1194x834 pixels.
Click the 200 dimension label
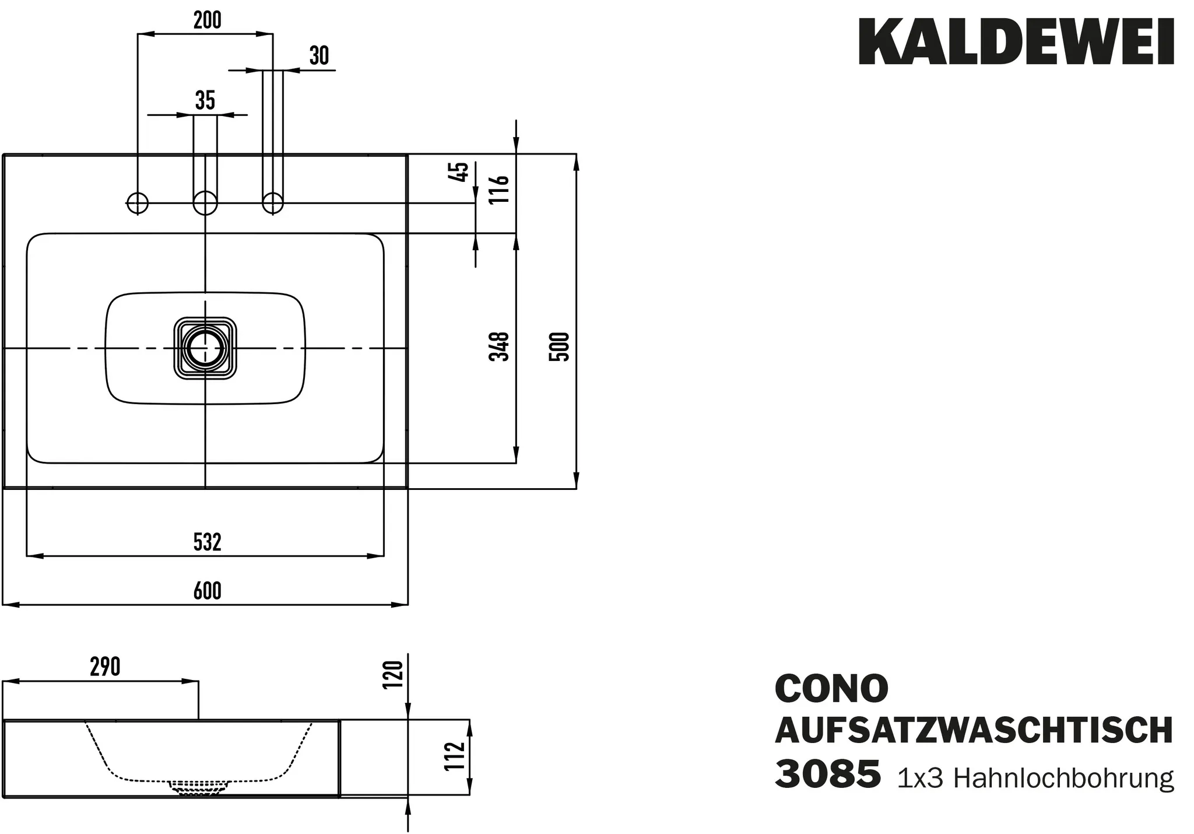(x=208, y=20)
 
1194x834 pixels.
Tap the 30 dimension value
(x=319, y=56)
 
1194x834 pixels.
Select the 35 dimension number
(x=205, y=101)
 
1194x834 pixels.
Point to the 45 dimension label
(x=461, y=172)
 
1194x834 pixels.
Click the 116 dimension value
(x=500, y=189)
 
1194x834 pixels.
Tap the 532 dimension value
(x=208, y=542)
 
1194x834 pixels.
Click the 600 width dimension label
(x=208, y=591)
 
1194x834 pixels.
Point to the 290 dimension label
(x=106, y=667)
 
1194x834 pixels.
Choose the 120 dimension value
(x=393, y=675)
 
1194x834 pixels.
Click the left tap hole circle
(x=138, y=203)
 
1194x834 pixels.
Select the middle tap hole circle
(x=205, y=203)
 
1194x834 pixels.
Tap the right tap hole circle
(x=272, y=203)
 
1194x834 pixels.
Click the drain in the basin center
(x=205, y=348)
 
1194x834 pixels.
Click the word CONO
(x=831, y=689)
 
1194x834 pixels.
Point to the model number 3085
(x=827, y=774)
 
